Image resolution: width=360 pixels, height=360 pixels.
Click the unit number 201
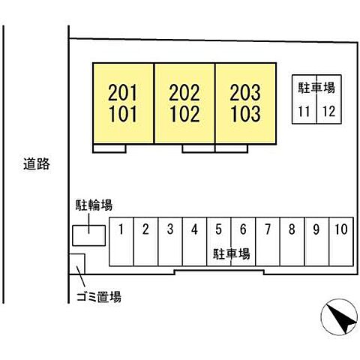coord(122,92)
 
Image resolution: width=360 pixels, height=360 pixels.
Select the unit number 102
coord(184,114)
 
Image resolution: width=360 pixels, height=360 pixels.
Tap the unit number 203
coord(245,92)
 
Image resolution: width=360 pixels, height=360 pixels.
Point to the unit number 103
coord(245,114)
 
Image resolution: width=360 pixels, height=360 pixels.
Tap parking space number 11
coord(304,111)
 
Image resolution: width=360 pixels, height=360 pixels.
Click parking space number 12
coord(328,111)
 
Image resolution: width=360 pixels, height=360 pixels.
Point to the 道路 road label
coord(37,164)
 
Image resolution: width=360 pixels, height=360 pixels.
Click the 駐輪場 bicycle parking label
coord(94,205)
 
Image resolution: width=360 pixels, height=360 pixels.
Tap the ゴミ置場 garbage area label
coord(99,297)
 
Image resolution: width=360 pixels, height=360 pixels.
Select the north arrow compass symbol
coord(339,316)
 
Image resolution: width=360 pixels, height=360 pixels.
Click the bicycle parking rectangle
coord(88,235)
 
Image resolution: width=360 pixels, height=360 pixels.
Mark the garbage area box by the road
coord(77,264)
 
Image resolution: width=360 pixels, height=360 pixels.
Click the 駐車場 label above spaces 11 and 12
coord(316,88)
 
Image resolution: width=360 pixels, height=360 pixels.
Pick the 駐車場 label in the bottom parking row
coord(232,254)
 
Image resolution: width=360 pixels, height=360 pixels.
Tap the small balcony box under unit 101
coord(109,148)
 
